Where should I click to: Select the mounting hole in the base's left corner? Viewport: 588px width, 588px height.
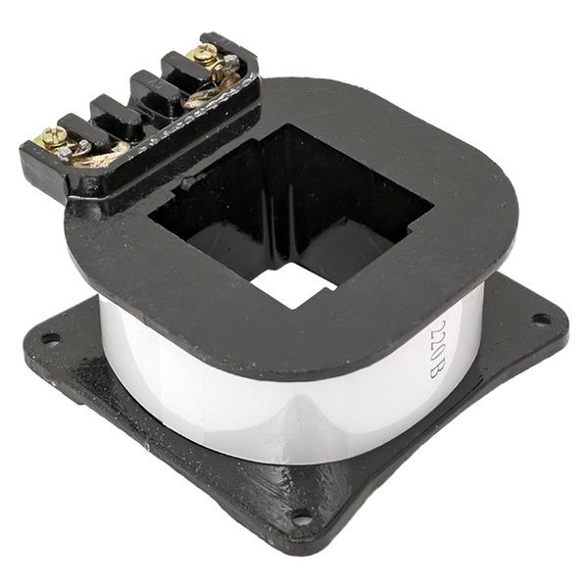pyautogui.click(x=50, y=338)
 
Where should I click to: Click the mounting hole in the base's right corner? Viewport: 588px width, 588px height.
pyautogui.click(x=538, y=319)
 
